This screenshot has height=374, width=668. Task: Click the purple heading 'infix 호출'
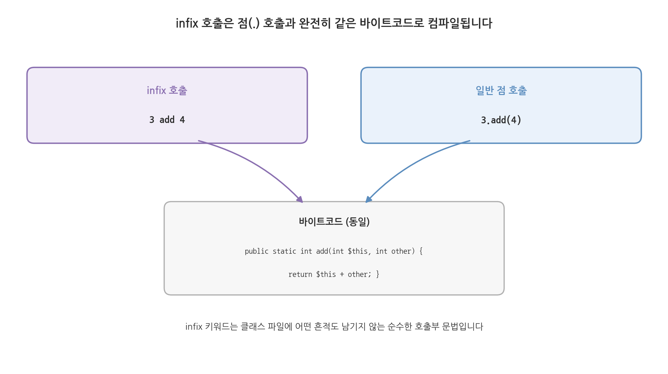point(167,90)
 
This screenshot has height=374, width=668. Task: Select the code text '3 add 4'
point(167,120)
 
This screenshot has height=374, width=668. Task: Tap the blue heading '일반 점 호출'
point(501,90)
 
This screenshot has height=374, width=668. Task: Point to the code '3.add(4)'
point(501,120)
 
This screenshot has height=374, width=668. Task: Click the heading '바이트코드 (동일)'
point(334,222)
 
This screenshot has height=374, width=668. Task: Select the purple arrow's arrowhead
point(300,199)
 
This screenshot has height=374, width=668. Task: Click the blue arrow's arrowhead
point(369,199)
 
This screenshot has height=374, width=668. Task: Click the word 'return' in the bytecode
point(300,275)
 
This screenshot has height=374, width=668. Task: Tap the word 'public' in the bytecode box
point(257,251)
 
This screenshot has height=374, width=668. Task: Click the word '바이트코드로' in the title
point(392,23)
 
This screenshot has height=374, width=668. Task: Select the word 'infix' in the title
point(187,23)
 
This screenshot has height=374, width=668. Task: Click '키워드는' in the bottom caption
point(221,327)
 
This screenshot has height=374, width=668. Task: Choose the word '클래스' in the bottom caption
point(252,327)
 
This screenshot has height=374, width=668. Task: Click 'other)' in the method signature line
point(403,251)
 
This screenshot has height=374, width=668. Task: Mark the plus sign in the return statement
point(342,275)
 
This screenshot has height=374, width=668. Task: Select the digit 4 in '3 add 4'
point(182,120)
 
